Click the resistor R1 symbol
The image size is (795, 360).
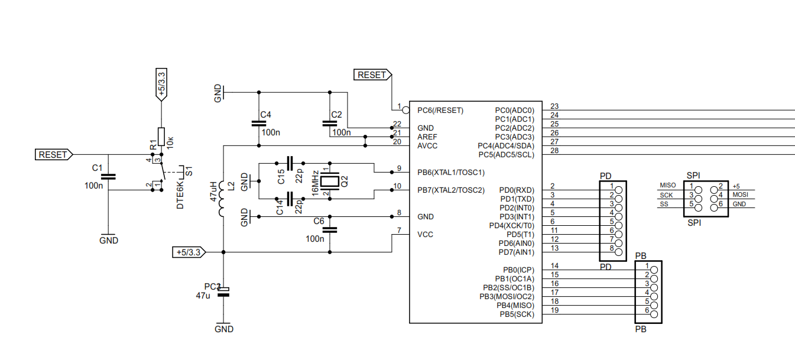coord(160,137)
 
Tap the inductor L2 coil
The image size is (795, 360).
coord(223,199)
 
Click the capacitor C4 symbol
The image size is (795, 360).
coord(258,124)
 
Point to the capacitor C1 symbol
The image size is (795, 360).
coord(108,176)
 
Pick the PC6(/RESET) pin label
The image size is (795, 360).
coord(440,111)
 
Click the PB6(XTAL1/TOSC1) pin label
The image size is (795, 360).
coord(451,173)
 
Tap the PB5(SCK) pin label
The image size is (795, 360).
coord(517,314)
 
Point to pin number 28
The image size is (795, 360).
coord(554,151)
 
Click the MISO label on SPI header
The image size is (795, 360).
coord(668,186)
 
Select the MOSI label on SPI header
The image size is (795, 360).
coord(740,194)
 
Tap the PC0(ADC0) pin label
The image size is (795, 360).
coord(514,111)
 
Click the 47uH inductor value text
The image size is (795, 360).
coord(214,191)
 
